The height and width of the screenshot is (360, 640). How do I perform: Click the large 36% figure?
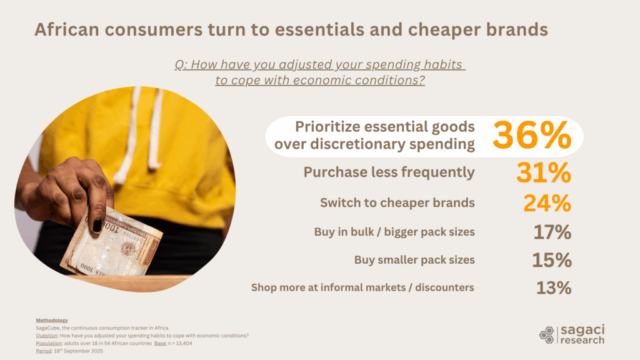pos(532,135)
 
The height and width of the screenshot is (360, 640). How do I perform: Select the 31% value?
pos(544,172)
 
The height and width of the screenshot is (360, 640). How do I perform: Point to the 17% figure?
pos(552,232)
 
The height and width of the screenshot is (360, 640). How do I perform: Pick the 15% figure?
pos(552,260)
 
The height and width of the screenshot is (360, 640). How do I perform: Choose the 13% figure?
pos(553,288)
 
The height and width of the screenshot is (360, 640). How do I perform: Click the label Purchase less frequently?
pos(389,172)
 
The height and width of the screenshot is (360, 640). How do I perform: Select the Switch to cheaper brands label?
pos(397,202)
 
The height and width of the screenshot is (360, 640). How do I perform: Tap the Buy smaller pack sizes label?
pos(414,260)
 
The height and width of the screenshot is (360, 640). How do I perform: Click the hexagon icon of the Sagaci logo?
pos(546,334)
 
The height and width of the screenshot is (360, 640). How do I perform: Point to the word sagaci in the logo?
pos(581,329)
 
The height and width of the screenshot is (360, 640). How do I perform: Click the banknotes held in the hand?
pos(116,247)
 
